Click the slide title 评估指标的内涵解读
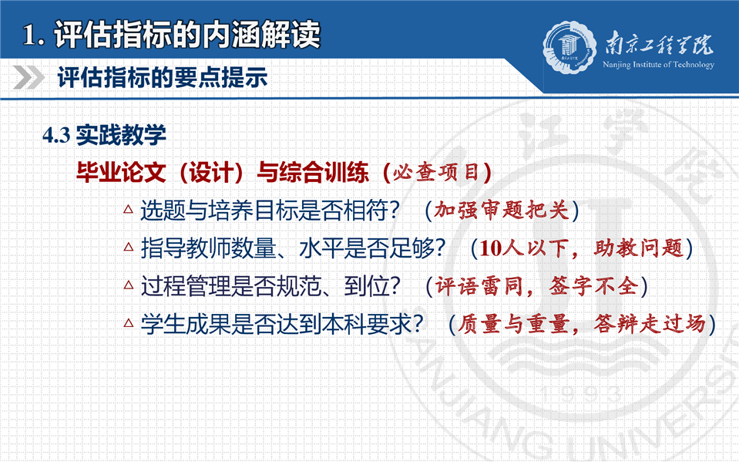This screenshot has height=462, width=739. tap(187, 34)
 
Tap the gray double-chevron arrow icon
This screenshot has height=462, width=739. tap(29, 77)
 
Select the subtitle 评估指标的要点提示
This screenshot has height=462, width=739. tap(163, 77)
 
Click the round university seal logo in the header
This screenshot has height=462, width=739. tap(569, 47)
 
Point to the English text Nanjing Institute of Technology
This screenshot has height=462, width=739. tap(658, 65)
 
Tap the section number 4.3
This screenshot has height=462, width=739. tap(56, 136)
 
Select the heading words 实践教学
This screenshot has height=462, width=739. tap(121, 136)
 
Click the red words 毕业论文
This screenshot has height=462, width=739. tap(121, 172)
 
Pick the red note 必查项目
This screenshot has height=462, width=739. tap(436, 173)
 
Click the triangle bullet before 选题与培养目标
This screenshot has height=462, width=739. tap(128, 208)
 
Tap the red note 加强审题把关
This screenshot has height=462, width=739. tap(502, 211)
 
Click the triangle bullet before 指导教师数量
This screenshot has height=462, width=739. tap(128, 246)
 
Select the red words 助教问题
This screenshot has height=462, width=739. tap(638, 248)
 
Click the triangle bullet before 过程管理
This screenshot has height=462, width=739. tap(128, 285)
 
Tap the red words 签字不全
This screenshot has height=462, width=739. tap(594, 286)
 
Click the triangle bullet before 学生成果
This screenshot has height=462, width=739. tap(128, 323)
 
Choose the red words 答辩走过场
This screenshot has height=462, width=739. tap(650, 324)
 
